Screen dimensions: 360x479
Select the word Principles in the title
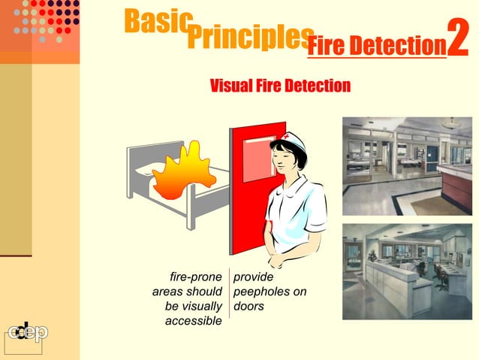[248, 37]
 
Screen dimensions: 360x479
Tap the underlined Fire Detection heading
[376, 47]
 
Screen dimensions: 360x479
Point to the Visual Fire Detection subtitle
[279, 86]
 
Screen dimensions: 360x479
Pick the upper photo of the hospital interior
[407, 165]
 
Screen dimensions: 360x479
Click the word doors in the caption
[249, 307]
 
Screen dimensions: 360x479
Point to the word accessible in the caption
[193, 322]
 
